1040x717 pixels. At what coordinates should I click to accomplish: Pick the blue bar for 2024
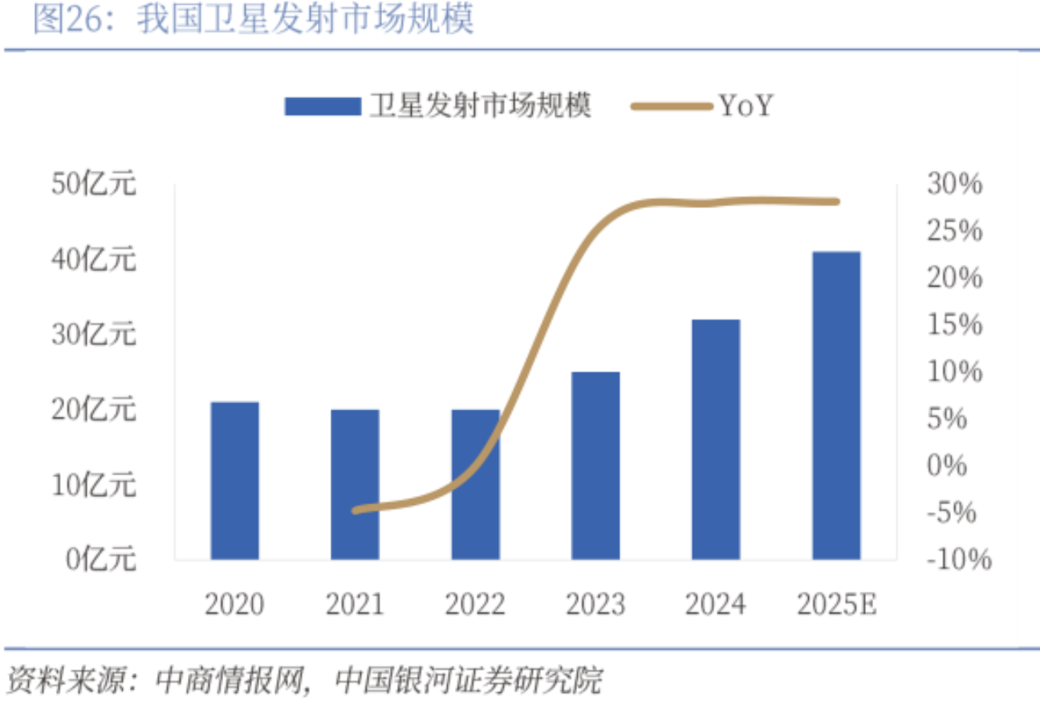click(716, 439)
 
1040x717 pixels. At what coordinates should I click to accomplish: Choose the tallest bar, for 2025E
click(836, 405)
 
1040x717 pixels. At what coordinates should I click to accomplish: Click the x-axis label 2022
click(475, 604)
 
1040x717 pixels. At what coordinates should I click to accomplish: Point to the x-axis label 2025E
click(837, 604)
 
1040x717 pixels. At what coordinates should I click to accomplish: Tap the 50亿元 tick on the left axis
click(94, 184)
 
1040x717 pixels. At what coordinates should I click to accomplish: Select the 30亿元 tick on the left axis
click(94, 334)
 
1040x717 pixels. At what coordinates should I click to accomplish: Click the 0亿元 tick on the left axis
click(101, 560)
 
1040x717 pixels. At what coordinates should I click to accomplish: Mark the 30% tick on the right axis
click(954, 184)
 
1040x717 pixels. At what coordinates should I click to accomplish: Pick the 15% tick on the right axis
click(954, 325)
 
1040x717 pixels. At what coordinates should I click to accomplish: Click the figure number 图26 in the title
click(71, 19)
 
